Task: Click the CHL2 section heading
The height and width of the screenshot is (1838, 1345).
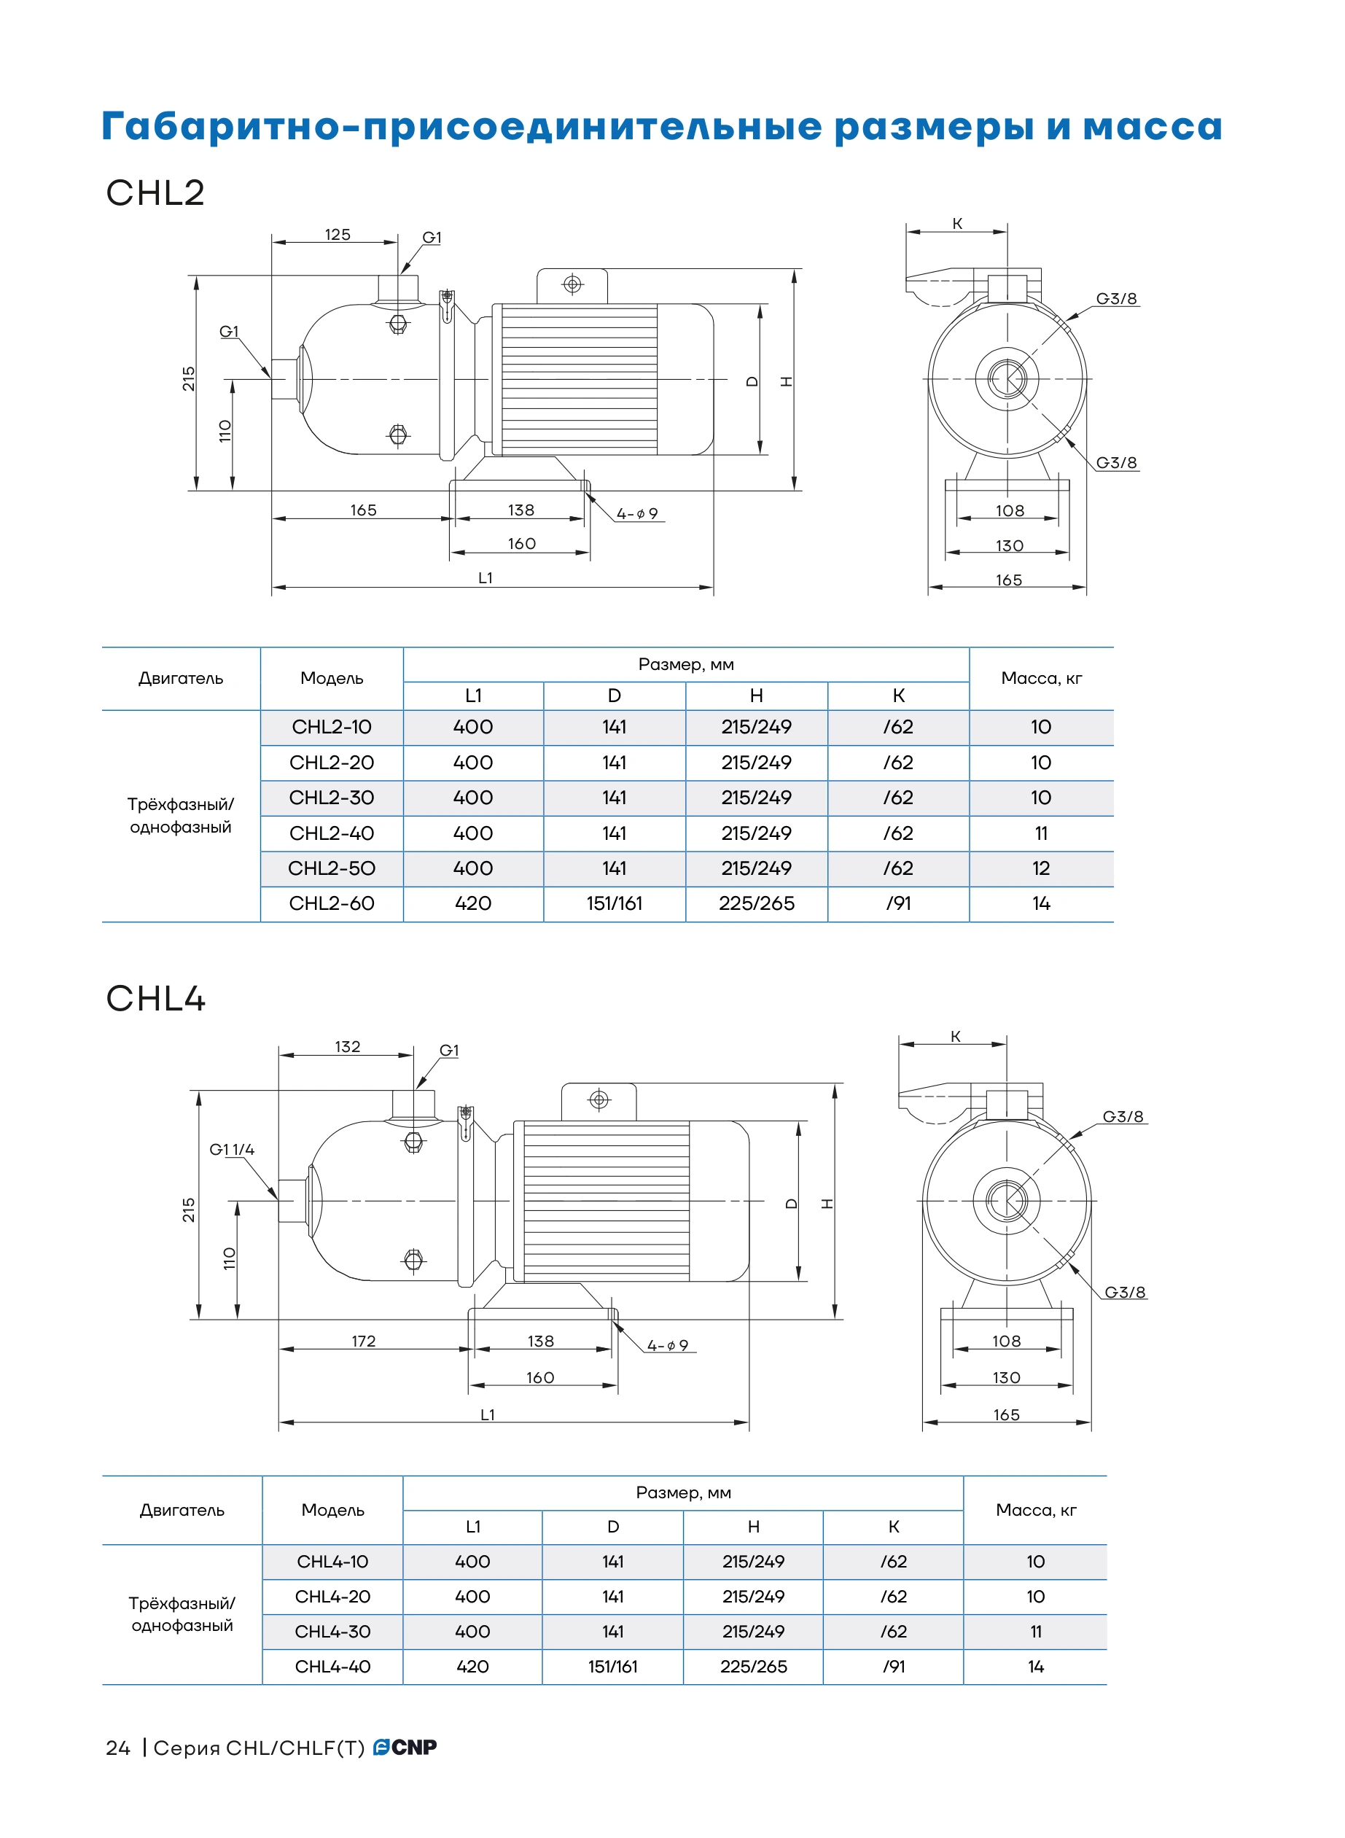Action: [155, 193]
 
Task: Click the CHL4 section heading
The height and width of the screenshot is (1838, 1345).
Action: [155, 998]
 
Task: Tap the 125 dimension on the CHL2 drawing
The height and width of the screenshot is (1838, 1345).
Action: [337, 235]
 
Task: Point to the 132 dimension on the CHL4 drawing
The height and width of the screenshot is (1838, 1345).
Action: [347, 1046]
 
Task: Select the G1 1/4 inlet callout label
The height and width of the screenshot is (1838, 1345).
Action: [232, 1149]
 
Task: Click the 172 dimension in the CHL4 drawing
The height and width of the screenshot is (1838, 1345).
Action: [363, 1341]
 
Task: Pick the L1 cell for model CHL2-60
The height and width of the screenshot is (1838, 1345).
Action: [473, 903]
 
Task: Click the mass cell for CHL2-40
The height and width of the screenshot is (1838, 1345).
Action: [1040, 833]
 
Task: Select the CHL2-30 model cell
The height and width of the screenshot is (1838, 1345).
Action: [332, 798]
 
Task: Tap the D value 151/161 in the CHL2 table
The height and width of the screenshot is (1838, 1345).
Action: [614, 903]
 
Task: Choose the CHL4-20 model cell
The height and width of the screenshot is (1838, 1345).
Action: [332, 1596]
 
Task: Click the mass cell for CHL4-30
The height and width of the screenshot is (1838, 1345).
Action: [1036, 1631]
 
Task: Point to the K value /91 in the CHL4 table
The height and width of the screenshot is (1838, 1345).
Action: [893, 1666]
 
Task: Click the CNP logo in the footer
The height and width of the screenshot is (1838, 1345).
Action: [405, 1747]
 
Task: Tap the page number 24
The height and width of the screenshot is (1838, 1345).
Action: [118, 1748]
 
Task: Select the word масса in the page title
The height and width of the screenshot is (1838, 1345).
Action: [1152, 127]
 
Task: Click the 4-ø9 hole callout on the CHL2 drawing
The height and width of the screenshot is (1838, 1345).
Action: [636, 514]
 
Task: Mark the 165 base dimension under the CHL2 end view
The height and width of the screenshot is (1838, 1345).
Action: [1008, 580]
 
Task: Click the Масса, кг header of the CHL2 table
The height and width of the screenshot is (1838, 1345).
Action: [1041, 678]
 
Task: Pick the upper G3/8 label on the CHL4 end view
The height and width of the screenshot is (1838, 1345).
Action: [1123, 1116]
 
